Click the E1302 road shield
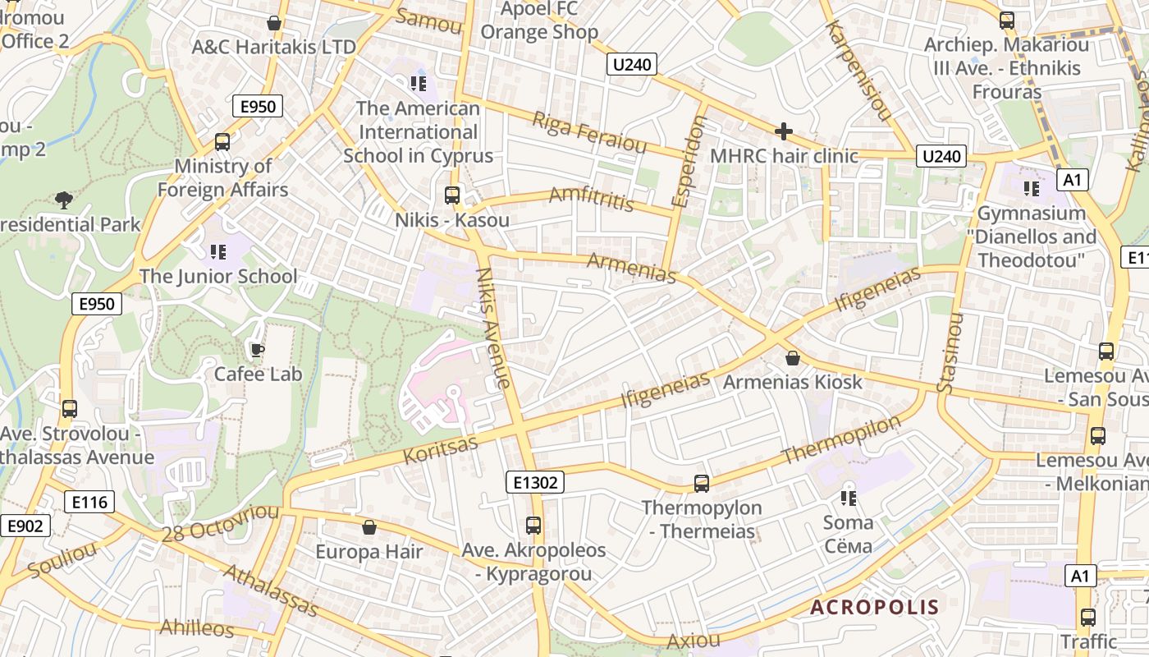pos(534,482)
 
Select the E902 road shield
pos(25,526)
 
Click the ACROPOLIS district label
pos(874,608)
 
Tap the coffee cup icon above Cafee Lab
pos(257,351)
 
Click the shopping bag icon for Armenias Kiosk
pos(793,358)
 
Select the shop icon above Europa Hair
pos(369,527)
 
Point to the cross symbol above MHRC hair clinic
pos(783,131)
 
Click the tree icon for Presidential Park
pos(63,200)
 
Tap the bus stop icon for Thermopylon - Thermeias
pos(701,484)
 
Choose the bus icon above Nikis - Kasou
pos(451,195)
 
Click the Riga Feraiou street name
pos(589,132)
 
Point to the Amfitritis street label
pos(591,198)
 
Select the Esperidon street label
pos(689,161)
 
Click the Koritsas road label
pos(440,449)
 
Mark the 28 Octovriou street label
pos(220,523)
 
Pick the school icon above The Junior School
pos(217,251)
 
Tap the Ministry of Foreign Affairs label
pos(222,177)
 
